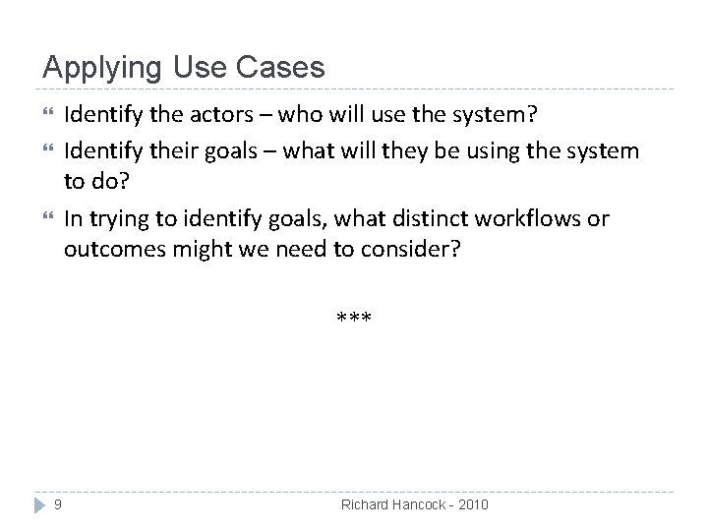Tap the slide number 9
pyautogui.click(x=58, y=504)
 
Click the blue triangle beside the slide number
pyautogui.click(x=39, y=504)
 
